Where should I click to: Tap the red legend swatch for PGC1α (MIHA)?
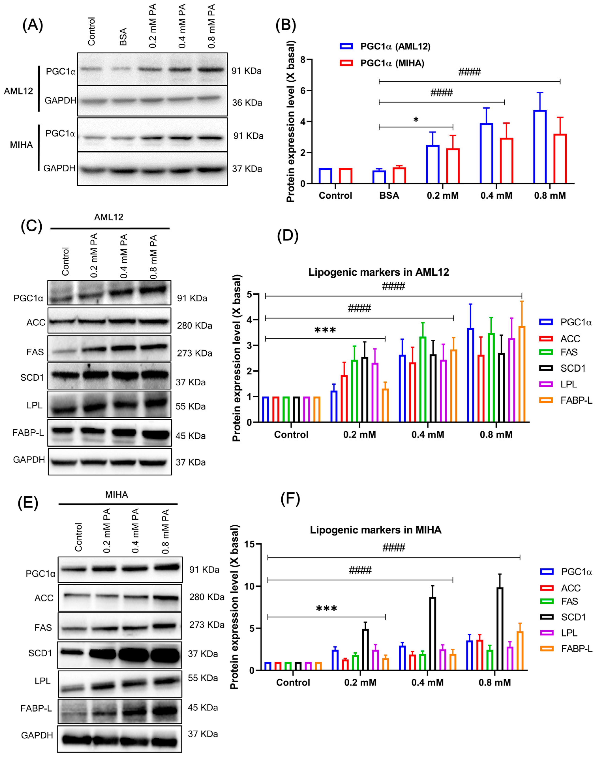(346, 63)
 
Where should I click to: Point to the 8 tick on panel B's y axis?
(303, 60)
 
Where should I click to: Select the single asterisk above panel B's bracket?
(416, 120)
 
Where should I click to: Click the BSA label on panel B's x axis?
(389, 195)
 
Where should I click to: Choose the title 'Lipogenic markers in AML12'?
(379, 272)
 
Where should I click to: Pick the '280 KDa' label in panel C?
(194, 325)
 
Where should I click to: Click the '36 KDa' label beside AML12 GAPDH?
(247, 103)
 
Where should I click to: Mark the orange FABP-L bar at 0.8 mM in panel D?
(522, 374)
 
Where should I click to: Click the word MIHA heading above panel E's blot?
(116, 495)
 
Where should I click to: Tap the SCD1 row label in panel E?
(40, 653)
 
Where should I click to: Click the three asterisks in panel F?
(326, 609)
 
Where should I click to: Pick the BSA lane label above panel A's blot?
(123, 37)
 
